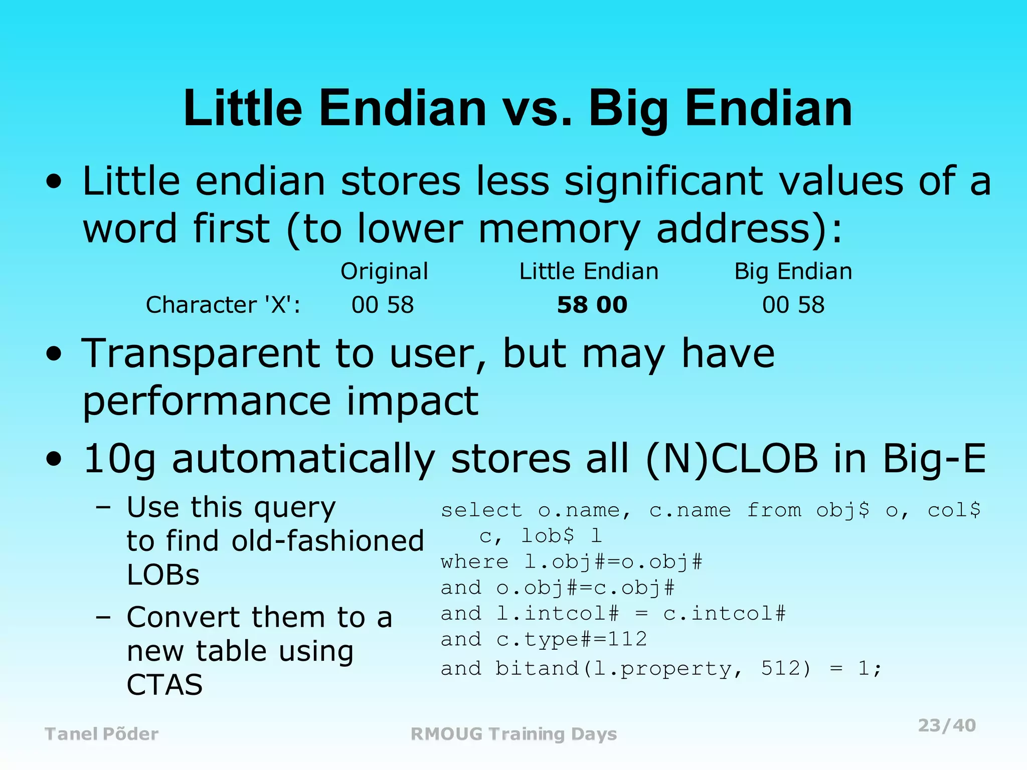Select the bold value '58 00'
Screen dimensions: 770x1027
click(592, 305)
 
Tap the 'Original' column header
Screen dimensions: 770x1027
click(384, 271)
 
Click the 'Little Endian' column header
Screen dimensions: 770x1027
click(589, 271)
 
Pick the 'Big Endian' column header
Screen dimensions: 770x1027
click(793, 271)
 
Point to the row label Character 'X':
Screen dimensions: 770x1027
click(223, 305)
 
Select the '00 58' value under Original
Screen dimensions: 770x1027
click(383, 305)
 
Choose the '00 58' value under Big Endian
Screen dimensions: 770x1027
click(793, 305)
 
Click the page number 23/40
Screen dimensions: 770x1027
click(947, 725)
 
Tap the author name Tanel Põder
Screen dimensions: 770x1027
click(102, 734)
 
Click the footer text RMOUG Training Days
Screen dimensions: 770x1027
click(513, 734)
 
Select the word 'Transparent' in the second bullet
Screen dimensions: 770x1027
click(201, 354)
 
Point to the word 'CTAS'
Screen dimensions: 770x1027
click(164, 685)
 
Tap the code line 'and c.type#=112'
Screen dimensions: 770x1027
click(544, 639)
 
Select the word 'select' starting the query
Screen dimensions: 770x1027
click(481, 510)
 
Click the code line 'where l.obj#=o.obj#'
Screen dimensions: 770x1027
click(572, 562)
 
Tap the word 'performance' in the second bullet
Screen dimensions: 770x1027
click(207, 402)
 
